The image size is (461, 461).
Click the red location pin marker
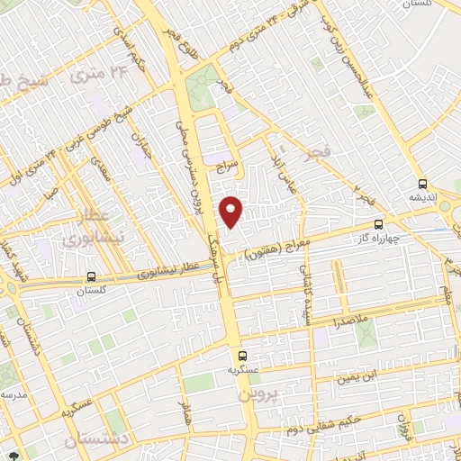pyautogui.click(x=231, y=211)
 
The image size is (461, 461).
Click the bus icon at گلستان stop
pyautogui.click(x=90, y=277)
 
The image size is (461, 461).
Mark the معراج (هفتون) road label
pyautogui.click(x=279, y=249)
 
